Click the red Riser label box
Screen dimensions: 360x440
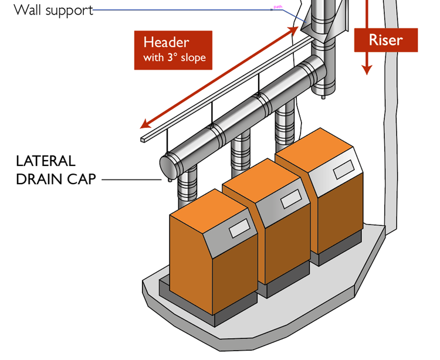click(x=385, y=40)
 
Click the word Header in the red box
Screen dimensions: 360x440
click(x=166, y=43)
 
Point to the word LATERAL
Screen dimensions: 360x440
click(x=45, y=161)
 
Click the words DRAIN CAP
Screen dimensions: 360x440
click(x=55, y=179)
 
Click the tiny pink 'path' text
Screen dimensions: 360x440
click(x=277, y=7)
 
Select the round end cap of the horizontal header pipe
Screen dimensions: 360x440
click(x=168, y=165)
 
